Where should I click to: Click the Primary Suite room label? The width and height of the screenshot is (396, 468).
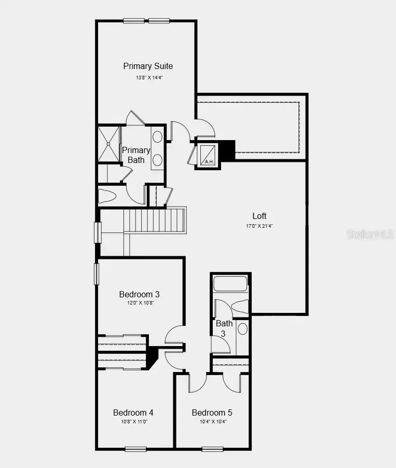pyautogui.click(x=148, y=66)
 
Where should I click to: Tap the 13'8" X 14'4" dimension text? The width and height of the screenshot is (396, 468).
pyautogui.click(x=148, y=78)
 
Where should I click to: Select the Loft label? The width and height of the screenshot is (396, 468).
pyautogui.click(x=260, y=216)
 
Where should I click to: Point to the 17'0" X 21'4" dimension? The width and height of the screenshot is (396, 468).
pyautogui.click(x=260, y=226)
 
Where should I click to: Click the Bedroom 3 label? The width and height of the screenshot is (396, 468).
pyautogui.click(x=135, y=294)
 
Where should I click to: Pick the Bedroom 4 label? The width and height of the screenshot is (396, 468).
pyautogui.click(x=133, y=412)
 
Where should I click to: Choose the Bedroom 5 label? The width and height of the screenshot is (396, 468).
pyautogui.click(x=212, y=412)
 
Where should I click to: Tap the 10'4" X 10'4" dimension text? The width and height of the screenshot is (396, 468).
pyautogui.click(x=212, y=422)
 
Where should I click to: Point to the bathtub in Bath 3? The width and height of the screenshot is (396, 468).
pyautogui.click(x=230, y=283)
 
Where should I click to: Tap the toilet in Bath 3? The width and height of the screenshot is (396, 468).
pyautogui.click(x=240, y=308)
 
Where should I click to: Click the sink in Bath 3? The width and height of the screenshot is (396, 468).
pyautogui.click(x=242, y=328)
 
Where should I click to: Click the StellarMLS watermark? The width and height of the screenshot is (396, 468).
pyautogui.click(x=371, y=234)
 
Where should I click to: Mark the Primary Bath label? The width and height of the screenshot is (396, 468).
pyautogui.click(x=136, y=155)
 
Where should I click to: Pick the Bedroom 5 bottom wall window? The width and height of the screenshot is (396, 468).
pyautogui.click(x=212, y=449)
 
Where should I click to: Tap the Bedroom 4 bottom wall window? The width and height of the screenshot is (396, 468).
pyautogui.click(x=135, y=449)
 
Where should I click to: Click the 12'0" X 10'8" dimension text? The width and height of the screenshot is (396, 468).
pyautogui.click(x=135, y=303)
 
